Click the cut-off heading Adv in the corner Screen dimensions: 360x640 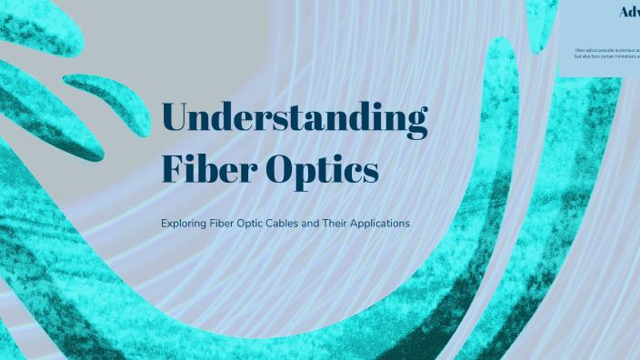tap(628, 12)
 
